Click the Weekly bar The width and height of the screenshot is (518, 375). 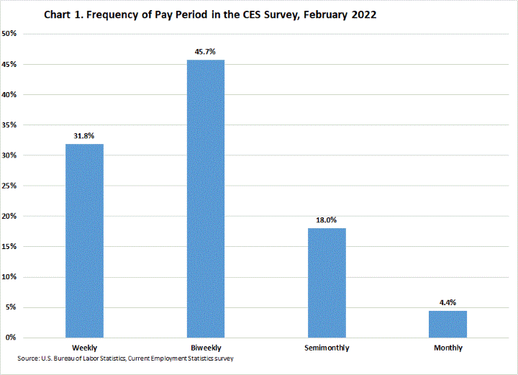pyautogui.click(x=85, y=240)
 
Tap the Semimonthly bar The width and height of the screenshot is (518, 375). pyautogui.click(x=327, y=282)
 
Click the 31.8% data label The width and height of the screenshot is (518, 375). pyautogui.click(x=84, y=135)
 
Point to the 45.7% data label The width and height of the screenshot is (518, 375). pyautogui.click(x=206, y=51)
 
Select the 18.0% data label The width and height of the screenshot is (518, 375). pyautogui.click(x=327, y=220)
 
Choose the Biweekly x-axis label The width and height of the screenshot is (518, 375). pyautogui.click(x=206, y=348)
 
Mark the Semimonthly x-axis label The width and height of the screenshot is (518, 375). pyautogui.click(x=327, y=348)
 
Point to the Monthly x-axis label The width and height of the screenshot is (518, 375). pyautogui.click(x=447, y=348)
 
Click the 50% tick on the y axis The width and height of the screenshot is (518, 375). pyautogui.click(x=12, y=34)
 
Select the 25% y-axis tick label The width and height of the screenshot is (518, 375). pyautogui.click(x=12, y=186)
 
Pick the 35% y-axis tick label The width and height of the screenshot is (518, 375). pyautogui.click(x=12, y=125)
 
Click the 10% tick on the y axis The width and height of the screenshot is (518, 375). pyautogui.click(x=12, y=277)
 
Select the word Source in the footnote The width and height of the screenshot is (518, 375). pyautogui.click(x=29, y=358)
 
